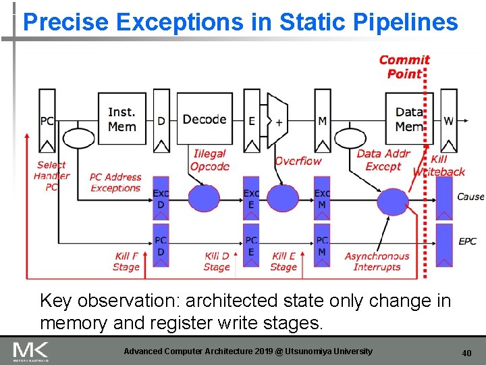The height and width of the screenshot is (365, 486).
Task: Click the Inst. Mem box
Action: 122,118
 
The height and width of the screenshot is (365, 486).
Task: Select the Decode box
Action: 204,119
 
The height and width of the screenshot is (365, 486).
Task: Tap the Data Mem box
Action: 408,118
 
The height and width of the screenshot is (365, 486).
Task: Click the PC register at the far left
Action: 47,122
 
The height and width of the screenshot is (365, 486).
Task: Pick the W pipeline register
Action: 448,122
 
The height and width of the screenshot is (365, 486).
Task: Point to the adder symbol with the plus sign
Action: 277,121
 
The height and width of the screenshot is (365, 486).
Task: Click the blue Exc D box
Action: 161,197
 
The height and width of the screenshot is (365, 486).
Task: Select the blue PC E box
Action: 251,245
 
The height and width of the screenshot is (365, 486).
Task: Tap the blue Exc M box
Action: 322,197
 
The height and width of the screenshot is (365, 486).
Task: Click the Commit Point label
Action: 404,66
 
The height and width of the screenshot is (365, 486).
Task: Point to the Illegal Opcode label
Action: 210,160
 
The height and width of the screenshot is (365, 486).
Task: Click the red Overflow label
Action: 298,161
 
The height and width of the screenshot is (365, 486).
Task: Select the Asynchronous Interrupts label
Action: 377,261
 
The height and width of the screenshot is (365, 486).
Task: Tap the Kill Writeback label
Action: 439,166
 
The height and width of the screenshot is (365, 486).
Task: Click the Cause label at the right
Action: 470,197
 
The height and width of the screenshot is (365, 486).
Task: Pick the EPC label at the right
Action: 467,241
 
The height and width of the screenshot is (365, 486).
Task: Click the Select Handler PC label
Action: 51,176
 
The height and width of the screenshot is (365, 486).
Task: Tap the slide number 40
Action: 466,353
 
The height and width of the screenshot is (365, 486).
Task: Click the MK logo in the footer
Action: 31,351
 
